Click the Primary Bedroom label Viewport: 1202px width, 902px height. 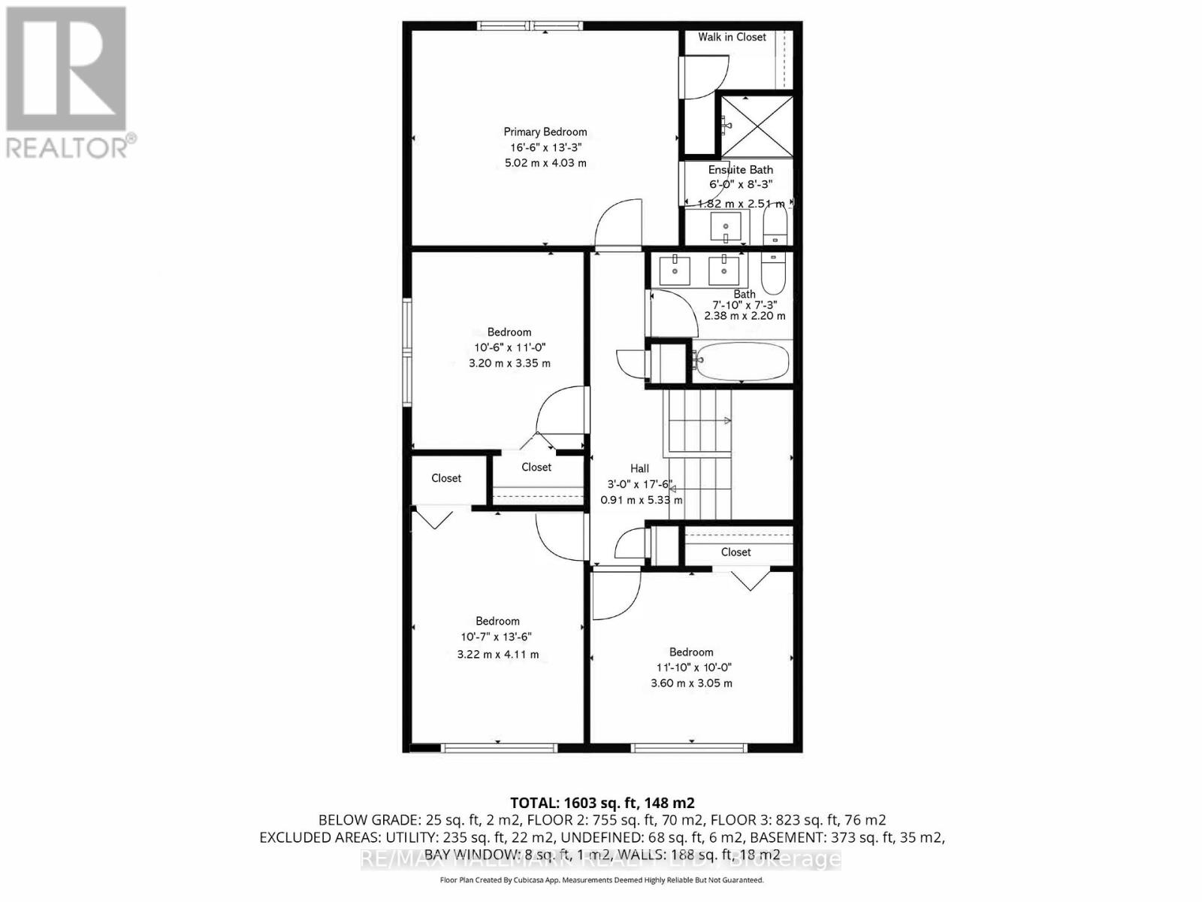click(545, 132)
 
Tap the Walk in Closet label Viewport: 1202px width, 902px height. click(732, 37)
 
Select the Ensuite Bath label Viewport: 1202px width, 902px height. click(740, 170)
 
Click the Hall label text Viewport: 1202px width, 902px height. click(639, 468)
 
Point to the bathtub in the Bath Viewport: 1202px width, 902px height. click(741, 362)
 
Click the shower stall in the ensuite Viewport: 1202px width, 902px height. click(756, 125)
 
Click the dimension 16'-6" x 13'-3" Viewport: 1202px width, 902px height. click(545, 147)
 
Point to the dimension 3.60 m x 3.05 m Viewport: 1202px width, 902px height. click(691, 683)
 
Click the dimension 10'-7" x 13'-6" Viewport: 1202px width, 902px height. click(497, 637)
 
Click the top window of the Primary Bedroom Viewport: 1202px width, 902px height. click(530, 26)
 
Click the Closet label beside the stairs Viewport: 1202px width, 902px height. click(735, 552)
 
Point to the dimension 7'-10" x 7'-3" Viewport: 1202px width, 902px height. click(744, 305)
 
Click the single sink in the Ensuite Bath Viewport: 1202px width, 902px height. click(726, 225)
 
